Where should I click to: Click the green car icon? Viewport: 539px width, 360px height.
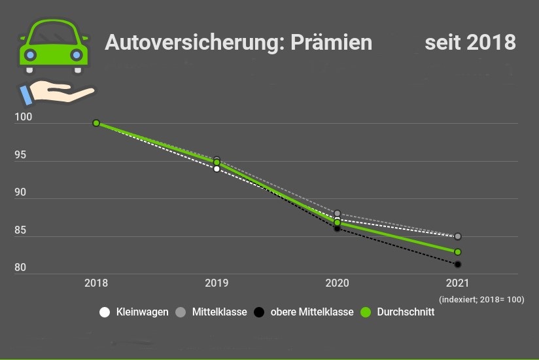pos(54,45)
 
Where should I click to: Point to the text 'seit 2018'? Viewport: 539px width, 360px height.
pos(470,43)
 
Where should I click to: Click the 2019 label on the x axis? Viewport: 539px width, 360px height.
pos(217,283)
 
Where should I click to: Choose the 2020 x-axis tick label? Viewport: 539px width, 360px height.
pos(338,283)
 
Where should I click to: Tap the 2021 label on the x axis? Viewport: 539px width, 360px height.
pos(458,283)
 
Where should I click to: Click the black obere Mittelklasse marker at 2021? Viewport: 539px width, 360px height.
pos(458,264)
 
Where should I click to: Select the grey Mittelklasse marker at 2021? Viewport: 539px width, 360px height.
pos(458,236)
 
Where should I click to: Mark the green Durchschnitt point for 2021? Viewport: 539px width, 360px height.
pos(458,252)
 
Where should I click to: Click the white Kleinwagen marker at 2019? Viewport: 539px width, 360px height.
pos(217,169)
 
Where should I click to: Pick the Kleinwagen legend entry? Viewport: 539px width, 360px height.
pos(134,312)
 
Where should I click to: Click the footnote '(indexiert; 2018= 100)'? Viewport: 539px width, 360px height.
pos(482,299)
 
